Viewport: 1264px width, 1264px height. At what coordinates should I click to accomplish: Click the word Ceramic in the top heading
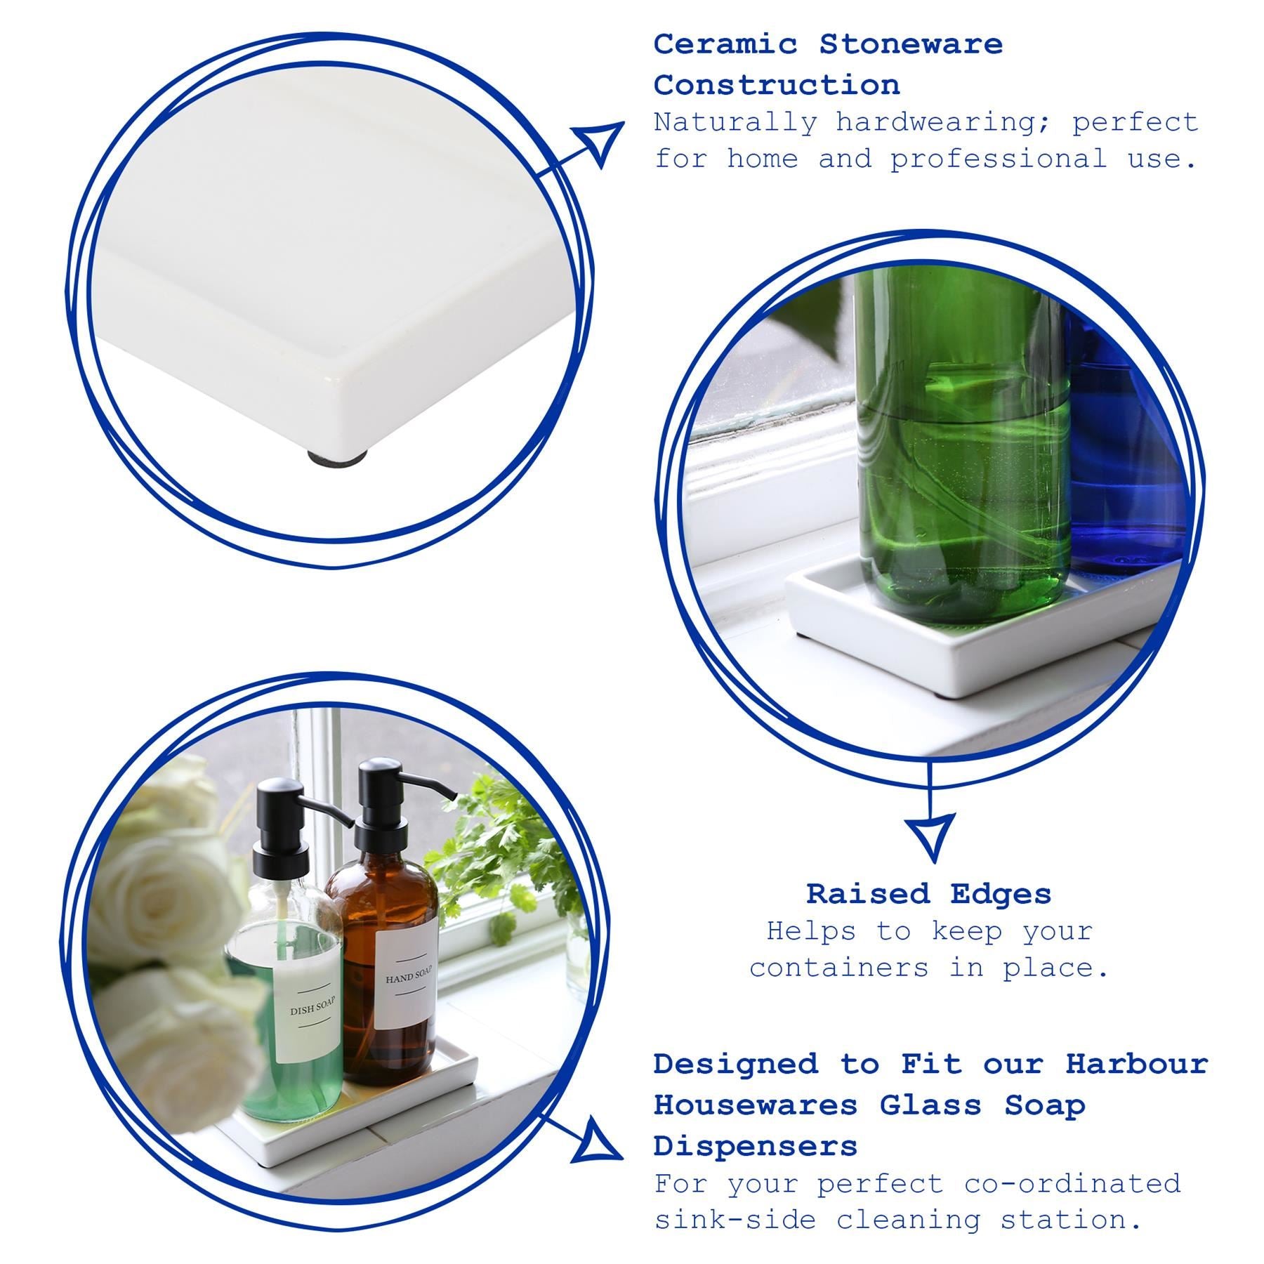[x=725, y=44]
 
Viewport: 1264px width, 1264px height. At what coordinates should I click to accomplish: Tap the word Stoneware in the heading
[x=911, y=44]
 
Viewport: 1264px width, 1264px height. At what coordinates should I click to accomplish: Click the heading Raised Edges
[x=928, y=894]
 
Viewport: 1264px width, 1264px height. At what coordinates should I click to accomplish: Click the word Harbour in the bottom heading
[x=1136, y=1064]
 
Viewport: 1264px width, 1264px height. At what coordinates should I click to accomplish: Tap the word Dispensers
[x=755, y=1147]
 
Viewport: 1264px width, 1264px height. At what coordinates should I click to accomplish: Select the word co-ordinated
[x=1072, y=1184]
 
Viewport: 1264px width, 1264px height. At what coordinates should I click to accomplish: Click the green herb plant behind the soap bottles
[x=506, y=864]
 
